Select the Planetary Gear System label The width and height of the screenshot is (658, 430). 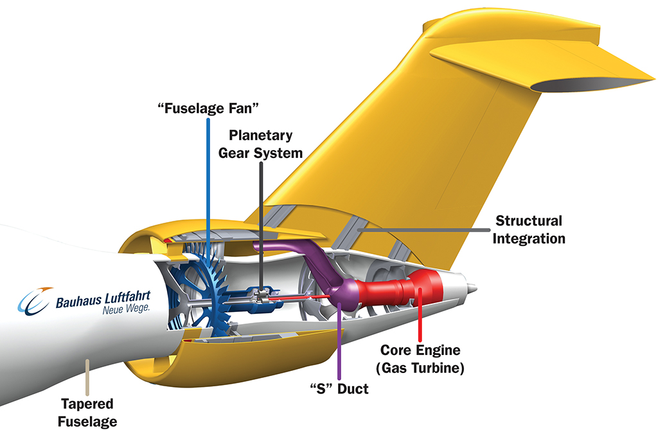[262, 144]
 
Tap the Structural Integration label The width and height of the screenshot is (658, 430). [529, 229]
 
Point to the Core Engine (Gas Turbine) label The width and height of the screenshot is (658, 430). [422, 359]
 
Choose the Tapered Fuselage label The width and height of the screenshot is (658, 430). [87, 412]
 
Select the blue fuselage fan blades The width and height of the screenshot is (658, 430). [206, 282]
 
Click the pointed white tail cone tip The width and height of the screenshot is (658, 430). [473, 286]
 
